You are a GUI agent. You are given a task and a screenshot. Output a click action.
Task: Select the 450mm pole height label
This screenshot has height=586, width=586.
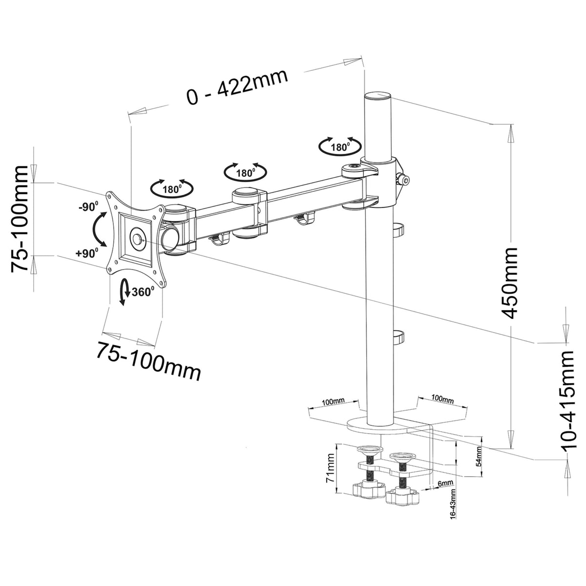click(510, 283)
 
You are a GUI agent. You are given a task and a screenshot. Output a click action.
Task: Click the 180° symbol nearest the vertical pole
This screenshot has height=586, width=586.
click(340, 146)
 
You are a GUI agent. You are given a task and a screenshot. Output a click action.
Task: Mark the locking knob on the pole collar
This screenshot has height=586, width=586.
click(403, 180)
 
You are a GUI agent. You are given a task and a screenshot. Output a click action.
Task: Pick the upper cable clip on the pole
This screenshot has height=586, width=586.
click(399, 228)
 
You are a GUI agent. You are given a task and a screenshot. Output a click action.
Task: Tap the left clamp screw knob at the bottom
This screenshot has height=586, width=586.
click(366, 488)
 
